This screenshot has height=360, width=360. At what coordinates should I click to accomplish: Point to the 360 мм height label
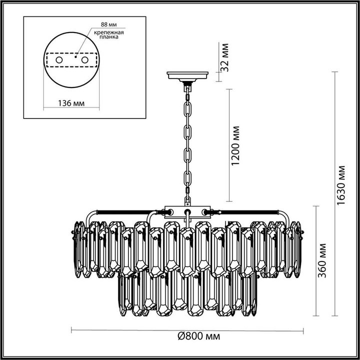click(323, 260)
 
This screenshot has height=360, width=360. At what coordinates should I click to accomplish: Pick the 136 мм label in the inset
click(69, 103)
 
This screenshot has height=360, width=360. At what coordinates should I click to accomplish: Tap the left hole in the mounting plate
click(59, 60)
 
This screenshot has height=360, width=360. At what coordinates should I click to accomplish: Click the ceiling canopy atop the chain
click(188, 77)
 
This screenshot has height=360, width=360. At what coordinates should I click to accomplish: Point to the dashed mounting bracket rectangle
click(71, 60)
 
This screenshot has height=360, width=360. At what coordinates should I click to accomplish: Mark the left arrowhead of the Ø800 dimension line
click(73, 330)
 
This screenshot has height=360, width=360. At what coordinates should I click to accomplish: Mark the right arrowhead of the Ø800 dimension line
click(303, 330)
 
